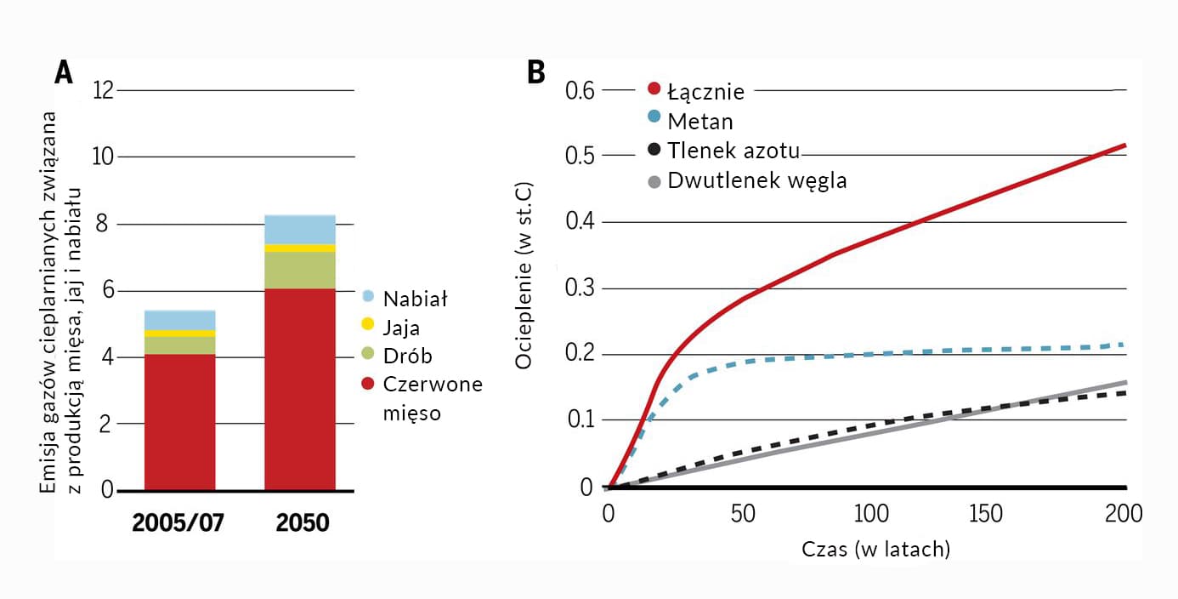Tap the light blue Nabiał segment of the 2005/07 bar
179,320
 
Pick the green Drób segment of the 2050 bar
300,271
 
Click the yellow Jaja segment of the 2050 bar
300,248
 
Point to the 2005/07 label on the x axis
178,522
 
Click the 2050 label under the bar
302,522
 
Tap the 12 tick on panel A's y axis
103,90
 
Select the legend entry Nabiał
414,299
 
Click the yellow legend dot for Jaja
367,328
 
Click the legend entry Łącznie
705,91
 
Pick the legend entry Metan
699,122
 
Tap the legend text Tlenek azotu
733,151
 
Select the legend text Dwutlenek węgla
756,180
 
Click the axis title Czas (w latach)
875,550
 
